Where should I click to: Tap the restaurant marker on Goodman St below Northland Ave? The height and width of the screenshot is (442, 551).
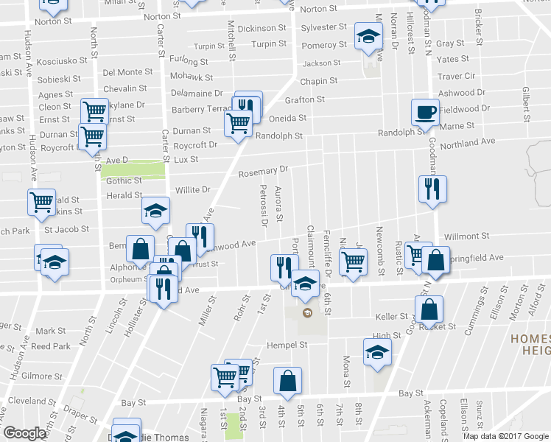pyautogui.click(x=430, y=189)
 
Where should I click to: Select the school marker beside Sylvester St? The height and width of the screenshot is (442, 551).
pyautogui.click(x=368, y=36)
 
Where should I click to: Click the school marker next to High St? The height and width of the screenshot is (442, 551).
pyautogui.click(x=377, y=352)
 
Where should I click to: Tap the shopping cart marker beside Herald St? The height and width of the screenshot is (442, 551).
pyautogui.click(x=41, y=201)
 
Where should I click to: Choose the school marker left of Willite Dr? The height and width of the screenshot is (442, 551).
pyautogui.click(x=155, y=211)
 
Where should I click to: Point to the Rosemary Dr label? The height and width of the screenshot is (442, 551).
pyautogui.click(x=263, y=172)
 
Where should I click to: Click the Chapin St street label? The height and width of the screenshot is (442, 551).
pyautogui.click(x=319, y=81)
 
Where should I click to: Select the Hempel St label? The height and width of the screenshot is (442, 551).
pyautogui.click(x=287, y=345)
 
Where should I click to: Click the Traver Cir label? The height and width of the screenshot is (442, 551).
pyautogui.click(x=456, y=76)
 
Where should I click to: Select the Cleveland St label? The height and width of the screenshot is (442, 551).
pyautogui.click(x=28, y=401)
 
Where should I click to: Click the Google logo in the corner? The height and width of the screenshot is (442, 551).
pyautogui.click(x=24, y=432)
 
